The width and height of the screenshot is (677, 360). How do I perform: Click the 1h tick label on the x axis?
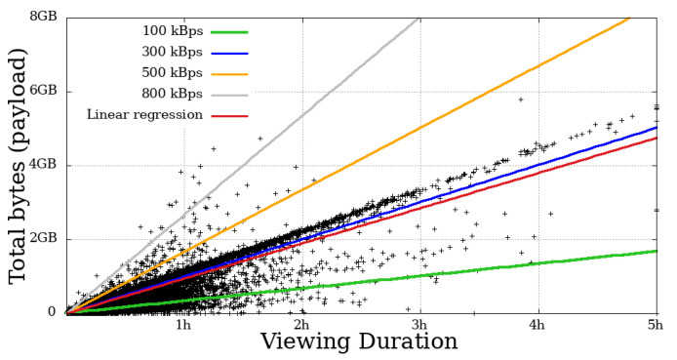tap(182, 325)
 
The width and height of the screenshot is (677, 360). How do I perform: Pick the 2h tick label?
tap(301, 325)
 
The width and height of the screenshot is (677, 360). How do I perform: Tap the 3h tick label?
tap(419, 325)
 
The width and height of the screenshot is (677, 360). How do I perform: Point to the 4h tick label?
tap(538, 325)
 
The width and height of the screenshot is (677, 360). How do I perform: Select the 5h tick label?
tap(655, 325)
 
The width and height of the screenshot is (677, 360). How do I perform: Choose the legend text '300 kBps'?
tap(174, 52)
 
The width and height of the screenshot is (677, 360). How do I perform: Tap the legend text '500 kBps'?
tap(174, 73)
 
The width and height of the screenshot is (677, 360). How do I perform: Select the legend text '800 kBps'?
tap(174, 94)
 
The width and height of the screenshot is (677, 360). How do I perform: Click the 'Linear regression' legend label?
tap(144, 115)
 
